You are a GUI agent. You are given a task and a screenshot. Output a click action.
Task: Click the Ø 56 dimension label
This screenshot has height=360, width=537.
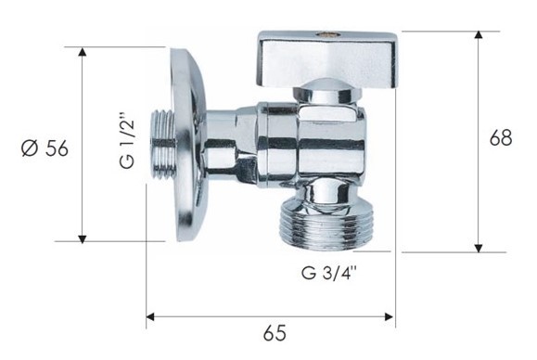click(x=45, y=148)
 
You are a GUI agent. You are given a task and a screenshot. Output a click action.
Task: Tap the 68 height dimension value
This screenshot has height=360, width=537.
click(x=501, y=138)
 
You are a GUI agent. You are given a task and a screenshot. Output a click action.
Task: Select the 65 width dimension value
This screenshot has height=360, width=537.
click(x=275, y=332)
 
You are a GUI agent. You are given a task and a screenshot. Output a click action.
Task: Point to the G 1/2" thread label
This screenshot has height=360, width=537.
click(x=127, y=144)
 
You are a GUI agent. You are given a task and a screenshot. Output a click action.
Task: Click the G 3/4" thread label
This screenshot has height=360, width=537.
click(x=329, y=273)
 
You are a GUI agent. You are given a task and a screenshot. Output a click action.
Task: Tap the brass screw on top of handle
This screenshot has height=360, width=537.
click(x=324, y=34)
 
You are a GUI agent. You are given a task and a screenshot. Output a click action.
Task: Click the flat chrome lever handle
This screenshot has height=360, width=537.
click(x=327, y=60)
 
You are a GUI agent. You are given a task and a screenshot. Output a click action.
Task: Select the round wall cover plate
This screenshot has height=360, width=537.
click(x=188, y=145)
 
